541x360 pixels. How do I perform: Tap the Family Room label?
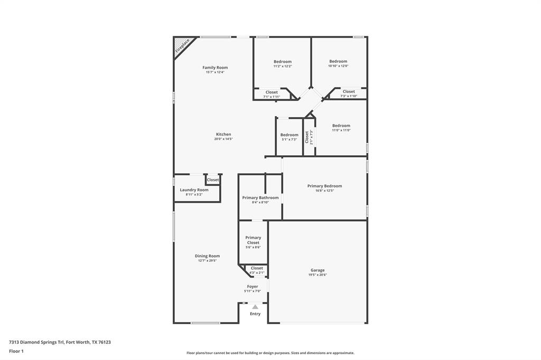[x=215, y=68]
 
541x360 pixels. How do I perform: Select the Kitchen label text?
[x=223, y=134]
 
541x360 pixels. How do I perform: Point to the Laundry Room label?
[x=194, y=190]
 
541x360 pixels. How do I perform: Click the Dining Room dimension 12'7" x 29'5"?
[x=207, y=261]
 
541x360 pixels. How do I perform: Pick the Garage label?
[x=318, y=270]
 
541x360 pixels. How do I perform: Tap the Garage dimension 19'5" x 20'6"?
[x=318, y=275]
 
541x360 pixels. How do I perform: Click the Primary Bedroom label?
[x=324, y=186]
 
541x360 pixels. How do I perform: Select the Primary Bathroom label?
[x=260, y=197]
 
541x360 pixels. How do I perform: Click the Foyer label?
[x=253, y=287]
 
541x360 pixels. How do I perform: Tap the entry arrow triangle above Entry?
[x=255, y=307]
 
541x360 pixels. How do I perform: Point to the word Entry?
[x=255, y=314]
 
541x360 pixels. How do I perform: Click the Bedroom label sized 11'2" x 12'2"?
[x=282, y=62]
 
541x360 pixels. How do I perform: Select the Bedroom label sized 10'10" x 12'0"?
[x=338, y=61]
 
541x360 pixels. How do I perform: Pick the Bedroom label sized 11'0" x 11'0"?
[x=341, y=126]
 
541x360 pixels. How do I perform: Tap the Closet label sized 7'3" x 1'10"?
[x=349, y=91]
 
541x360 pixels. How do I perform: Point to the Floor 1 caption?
[x=16, y=351]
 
